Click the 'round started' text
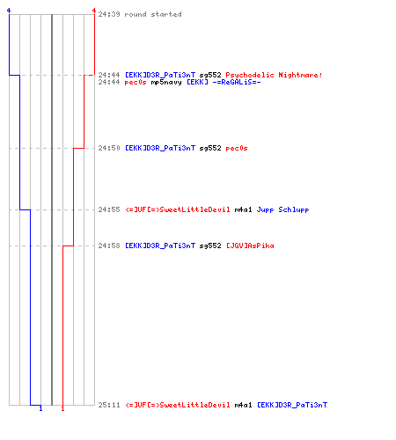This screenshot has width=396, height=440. click(153, 14)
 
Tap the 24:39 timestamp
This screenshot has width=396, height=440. click(109, 14)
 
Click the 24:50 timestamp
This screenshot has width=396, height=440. click(109, 148)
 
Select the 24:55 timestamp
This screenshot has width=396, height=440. click(109, 209)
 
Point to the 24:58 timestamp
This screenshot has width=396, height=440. click(109, 246)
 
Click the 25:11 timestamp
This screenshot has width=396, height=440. click(109, 405)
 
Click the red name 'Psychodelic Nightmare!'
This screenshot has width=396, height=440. click(274, 75)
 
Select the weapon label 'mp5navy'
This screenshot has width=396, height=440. click(166, 83)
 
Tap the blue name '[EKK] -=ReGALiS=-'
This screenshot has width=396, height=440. click(224, 82)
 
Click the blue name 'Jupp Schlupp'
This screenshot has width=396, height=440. click(282, 209)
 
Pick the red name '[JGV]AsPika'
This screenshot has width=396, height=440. click(250, 246)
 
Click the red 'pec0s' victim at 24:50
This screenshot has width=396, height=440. click(237, 148)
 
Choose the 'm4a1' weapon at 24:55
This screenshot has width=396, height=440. click(243, 209)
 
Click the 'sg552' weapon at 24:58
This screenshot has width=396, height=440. click(210, 246)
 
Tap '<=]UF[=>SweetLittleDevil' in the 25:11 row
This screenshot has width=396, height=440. click(178, 405)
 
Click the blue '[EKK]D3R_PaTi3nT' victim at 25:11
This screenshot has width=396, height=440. click(292, 405)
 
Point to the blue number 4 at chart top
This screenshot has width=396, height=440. click(9, 11)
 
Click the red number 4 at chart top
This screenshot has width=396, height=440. click(94, 11)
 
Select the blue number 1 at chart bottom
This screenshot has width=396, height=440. click(40, 408)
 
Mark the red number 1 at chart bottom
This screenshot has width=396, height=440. click(62, 408)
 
